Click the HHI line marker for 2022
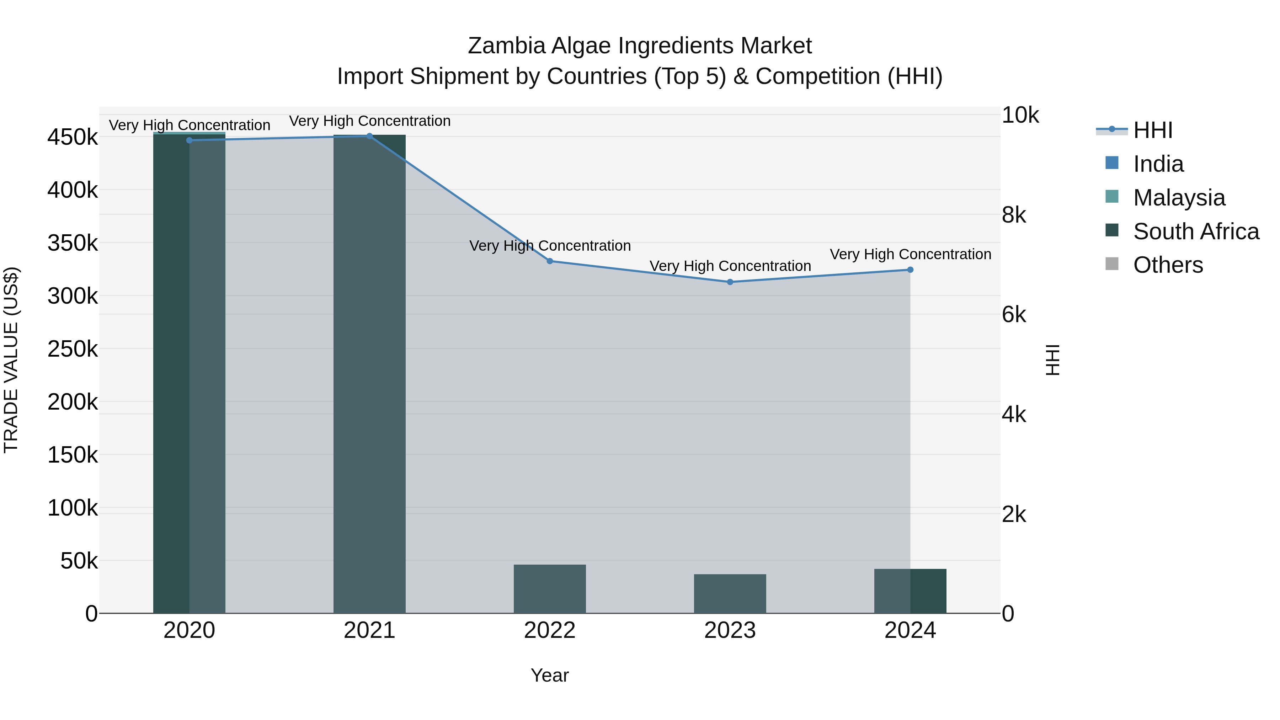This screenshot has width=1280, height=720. (x=550, y=261)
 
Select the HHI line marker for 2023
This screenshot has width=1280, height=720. (x=730, y=282)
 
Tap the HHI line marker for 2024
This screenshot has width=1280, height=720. (x=910, y=270)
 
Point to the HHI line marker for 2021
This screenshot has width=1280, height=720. (x=369, y=136)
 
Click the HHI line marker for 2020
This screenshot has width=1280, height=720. (x=189, y=140)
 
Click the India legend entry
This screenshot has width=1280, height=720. (x=1158, y=164)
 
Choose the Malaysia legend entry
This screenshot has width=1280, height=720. (x=1179, y=198)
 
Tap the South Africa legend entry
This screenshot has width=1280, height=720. (x=1195, y=231)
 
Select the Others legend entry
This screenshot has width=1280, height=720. (x=1168, y=265)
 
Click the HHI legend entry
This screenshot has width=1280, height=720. (x=1153, y=130)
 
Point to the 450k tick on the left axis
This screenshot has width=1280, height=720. (x=73, y=137)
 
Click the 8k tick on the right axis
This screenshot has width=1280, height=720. (x=1014, y=216)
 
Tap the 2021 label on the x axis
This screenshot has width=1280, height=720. (x=369, y=630)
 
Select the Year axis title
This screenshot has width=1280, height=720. (x=550, y=675)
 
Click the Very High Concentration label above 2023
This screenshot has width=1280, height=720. (x=730, y=266)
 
